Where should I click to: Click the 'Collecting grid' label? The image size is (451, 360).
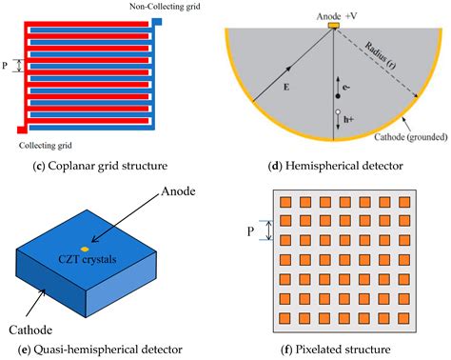(x=50, y=145)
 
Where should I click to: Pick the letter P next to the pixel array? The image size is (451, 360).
(x=249, y=230)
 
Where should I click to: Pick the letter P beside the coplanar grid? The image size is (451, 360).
(x=9, y=68)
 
